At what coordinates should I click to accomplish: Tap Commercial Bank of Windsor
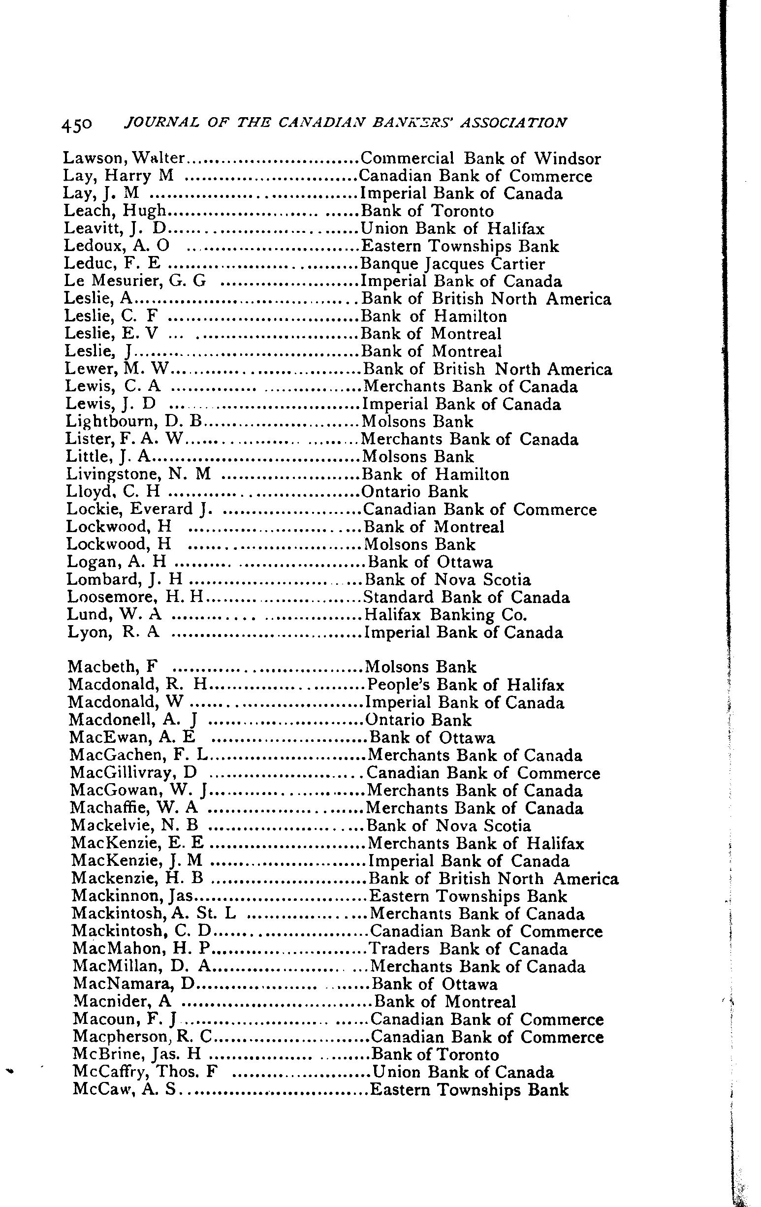tap(480, 159)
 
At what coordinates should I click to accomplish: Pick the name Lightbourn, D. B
tap(133, 421)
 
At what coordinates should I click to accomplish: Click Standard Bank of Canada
tap(466, 598)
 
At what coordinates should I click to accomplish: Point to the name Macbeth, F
tap(113, 667)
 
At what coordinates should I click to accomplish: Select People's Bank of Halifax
tap(466, 685)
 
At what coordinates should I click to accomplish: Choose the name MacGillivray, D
tap(133, 773)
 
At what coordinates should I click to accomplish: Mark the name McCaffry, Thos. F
tap(145, 1072)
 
